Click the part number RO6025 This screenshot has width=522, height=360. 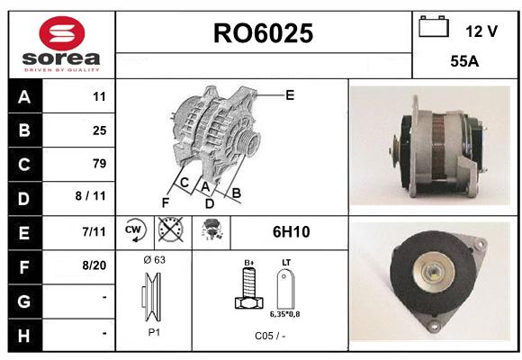pyautogui.click(x=263, y=33)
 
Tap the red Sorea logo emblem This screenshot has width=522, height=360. pyautogui.click(x=62, y=33)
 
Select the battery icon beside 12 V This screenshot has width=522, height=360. pyautogui.click(x=434, y=26)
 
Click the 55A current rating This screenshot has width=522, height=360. pyautogui.click(x=464, y=61)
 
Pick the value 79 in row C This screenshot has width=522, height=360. pyautogui.click(x=99, y=163)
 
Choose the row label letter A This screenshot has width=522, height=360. pyautogui.click(x=24, y=97)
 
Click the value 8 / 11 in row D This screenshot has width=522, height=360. pyautogui.click(x=91, y=196)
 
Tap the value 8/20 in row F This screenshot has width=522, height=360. pyautogui.click(x=94, y=265)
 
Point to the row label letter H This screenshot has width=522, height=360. pyautogui.click(x=24, y=336)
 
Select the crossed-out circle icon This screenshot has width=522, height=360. pyautogui.click(x=170, y=229)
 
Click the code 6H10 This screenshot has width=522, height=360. pyautogui.click(x=291, y=232)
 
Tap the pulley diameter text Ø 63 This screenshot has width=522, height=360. pyautogui.click(x=155, y=259)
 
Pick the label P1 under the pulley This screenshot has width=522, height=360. pyautogui.click(x=154, y=332)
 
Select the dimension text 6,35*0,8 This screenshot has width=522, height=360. pyautogui.click(x=284, y=314)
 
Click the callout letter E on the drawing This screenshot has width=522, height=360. pyautogui.click(x=290, y=95)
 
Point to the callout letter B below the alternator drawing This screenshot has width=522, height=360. pyautogui.click(x=236, y=193)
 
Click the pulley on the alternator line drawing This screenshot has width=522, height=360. pyautogui.click(x=248, y=143)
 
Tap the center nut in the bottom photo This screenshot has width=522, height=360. pyautogui.click(x=433, y=272)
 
